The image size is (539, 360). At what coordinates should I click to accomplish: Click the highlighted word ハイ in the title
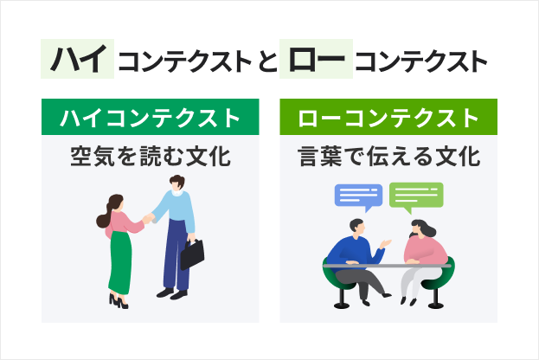click(x=78, y=59)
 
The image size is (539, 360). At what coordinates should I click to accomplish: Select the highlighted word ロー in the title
click(x=317, y=59)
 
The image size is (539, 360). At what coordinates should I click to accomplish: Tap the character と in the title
click(x=265, y=61)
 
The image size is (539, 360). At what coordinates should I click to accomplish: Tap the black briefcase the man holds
click(x=192, y=253)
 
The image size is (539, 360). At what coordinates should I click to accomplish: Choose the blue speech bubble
click(x=358, y=197)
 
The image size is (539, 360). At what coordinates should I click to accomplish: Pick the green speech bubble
click(x=416, y=197)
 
